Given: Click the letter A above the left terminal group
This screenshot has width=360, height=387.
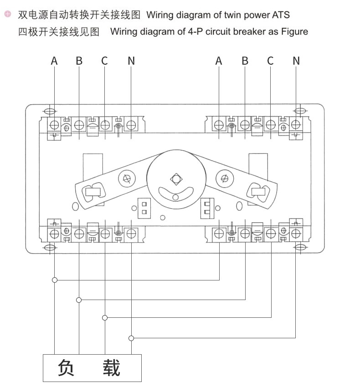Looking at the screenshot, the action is [54, 61].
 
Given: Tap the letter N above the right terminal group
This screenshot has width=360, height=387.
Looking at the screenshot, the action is [296, 61].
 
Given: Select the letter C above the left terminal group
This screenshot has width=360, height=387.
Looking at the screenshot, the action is [104, 61].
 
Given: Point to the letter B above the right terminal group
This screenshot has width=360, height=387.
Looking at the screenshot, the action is [245, 61].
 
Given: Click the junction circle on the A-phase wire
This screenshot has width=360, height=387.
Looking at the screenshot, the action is [55, 280].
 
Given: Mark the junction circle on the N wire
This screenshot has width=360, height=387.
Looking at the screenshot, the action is [131, 338].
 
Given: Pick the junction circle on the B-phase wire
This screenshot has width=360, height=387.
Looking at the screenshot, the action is [79, 300].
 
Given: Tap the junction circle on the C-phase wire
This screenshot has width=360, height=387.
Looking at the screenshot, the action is [105, 318].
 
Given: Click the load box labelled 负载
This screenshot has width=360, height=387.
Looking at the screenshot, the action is [92, 368].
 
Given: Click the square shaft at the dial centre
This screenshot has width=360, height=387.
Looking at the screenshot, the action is [176, 179].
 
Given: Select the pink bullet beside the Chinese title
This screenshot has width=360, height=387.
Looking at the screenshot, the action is [8, 14].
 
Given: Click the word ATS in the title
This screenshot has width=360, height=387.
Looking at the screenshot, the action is [281, 15].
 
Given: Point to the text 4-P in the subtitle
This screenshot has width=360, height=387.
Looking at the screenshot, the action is [195, 31].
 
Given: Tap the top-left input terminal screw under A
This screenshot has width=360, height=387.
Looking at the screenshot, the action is [54, 125].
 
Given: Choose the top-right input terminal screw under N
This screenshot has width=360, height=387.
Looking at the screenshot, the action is [296, 125].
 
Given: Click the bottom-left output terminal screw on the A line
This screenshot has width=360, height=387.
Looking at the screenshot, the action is [54, 234].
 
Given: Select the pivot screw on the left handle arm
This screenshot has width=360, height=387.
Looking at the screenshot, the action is [127, 178].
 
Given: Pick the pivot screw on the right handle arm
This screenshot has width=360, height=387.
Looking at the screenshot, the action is [224, 178].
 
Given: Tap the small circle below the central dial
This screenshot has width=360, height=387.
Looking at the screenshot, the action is [163, 218].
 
